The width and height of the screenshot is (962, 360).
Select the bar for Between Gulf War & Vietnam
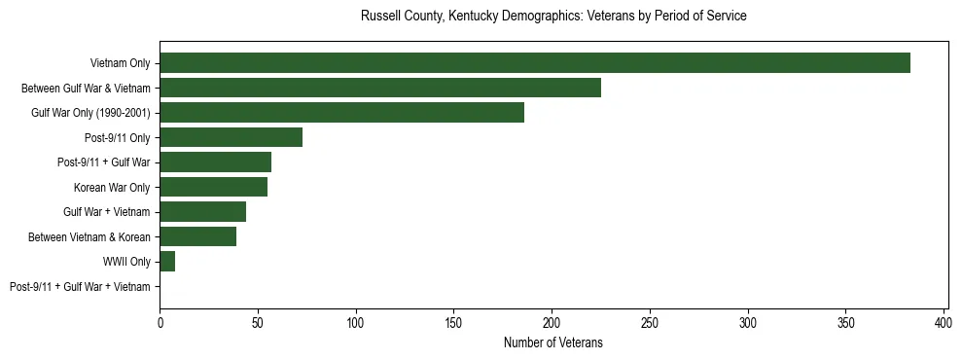[x=380, y=88]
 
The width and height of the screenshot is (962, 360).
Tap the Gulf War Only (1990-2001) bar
[x=341, y=113]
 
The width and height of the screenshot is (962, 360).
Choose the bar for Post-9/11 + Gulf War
[x=215, y=162]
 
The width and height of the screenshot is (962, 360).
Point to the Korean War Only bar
[x=213, y=187]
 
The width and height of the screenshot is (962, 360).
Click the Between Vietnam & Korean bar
[x=197, y=236]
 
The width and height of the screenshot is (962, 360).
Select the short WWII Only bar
[x=167, y=262]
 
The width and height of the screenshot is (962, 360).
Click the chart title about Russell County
[x=553, y=17]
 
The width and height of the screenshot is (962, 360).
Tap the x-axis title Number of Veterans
[x=553, y=342]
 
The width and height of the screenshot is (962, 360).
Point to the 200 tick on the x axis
[x=552, y=322]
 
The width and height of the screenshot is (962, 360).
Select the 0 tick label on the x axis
[x=160, y=322]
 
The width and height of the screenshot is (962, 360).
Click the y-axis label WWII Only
[x=126, y=262]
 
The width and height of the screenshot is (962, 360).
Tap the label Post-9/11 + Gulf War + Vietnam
[x=80, y=287]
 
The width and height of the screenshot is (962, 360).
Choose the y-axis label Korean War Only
[x=112, y=187]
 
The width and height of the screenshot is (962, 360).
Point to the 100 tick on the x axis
[x=356, y=322]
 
